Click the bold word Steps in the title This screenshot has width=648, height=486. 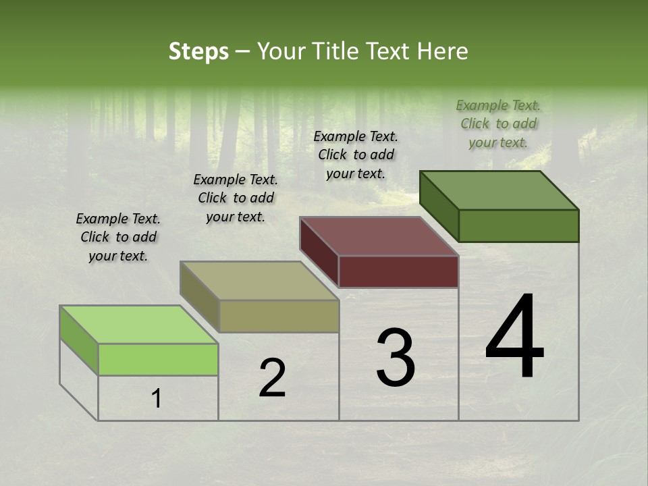[x=198, y=51]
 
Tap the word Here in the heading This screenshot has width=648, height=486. [x=443, y=51]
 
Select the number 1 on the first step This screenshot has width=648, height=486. [x=157, y=399]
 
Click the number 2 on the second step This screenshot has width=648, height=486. [x=272, y=378]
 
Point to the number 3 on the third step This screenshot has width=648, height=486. [x=395, y=358]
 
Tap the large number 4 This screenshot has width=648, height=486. [x=514, y=337]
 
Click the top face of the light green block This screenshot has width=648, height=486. [x=138, y=325]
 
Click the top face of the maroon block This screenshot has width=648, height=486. [x=379, y=236]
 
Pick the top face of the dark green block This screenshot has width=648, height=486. [x=499, y=190]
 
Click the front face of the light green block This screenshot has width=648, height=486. [x=158, y=359]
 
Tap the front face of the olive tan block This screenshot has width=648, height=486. [x=279, y=316]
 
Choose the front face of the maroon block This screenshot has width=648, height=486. [x=398, y=271]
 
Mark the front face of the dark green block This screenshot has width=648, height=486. [x=518, y=225]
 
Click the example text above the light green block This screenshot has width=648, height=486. [x=118, y=237]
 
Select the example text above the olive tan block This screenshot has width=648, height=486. [x=236, y=198]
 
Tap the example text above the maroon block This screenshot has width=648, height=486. [x=356, y=155]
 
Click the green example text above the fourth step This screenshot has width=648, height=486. [x=498, y=124]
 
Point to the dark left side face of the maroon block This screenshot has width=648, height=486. [x=319, y=251]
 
